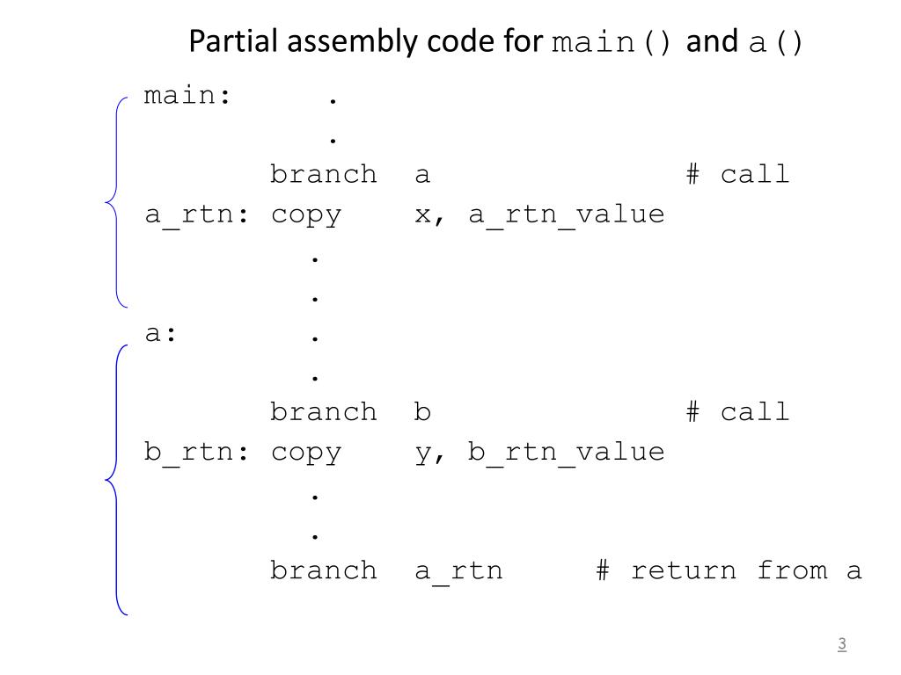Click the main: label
[187, 96]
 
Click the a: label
[161, 334]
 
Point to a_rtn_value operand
[566, 214]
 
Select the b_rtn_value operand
[566, 452]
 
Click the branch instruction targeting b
[323, 412]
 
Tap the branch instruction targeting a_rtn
[323, 570]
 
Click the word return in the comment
[684, 570]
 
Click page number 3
[841, 644]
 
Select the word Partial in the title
[233, 41]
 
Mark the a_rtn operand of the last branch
[458, 571]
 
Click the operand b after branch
[423, 412]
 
